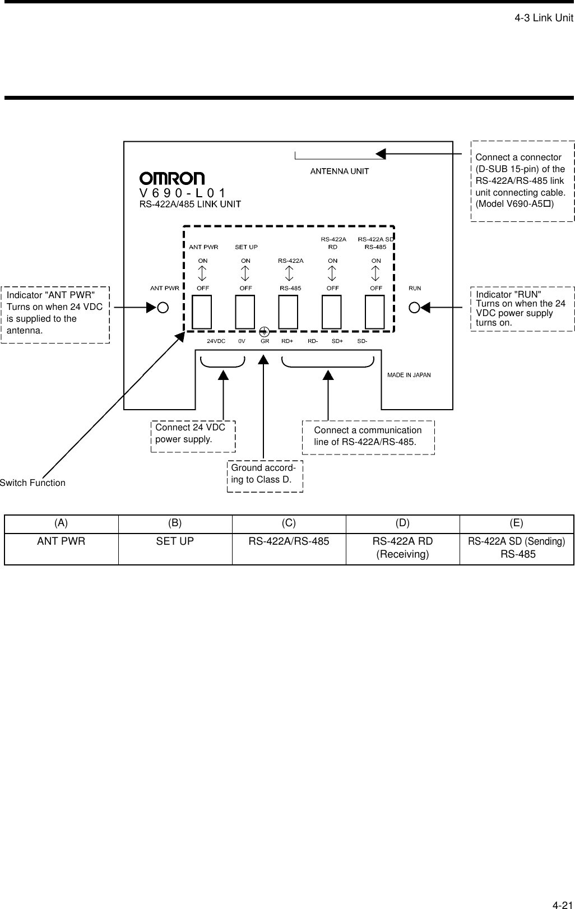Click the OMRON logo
click(x=172, y=178)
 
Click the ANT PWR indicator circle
click(x=163, y=308)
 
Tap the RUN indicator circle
click(x=415, y=307)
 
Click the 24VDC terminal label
click(x=216, y=341)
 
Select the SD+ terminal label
click(x=337, y=341)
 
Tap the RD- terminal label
click(x=313, y=341)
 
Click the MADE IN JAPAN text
click(x=409, y=375)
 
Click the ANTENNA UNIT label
click(x=340, y=171)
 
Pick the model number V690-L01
click(x=182, y=193)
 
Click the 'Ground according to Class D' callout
click(x=265, y=474)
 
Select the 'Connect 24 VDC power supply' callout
click(x=193, y=433)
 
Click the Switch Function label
click(x=33, y=483)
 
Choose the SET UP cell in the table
click(x=175, y=542)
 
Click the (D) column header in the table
click(x=402, y=523)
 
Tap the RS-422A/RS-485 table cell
click(x=289, y=542)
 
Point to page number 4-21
click(x=562, y=889)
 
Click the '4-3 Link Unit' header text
click(x=544, y=18)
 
